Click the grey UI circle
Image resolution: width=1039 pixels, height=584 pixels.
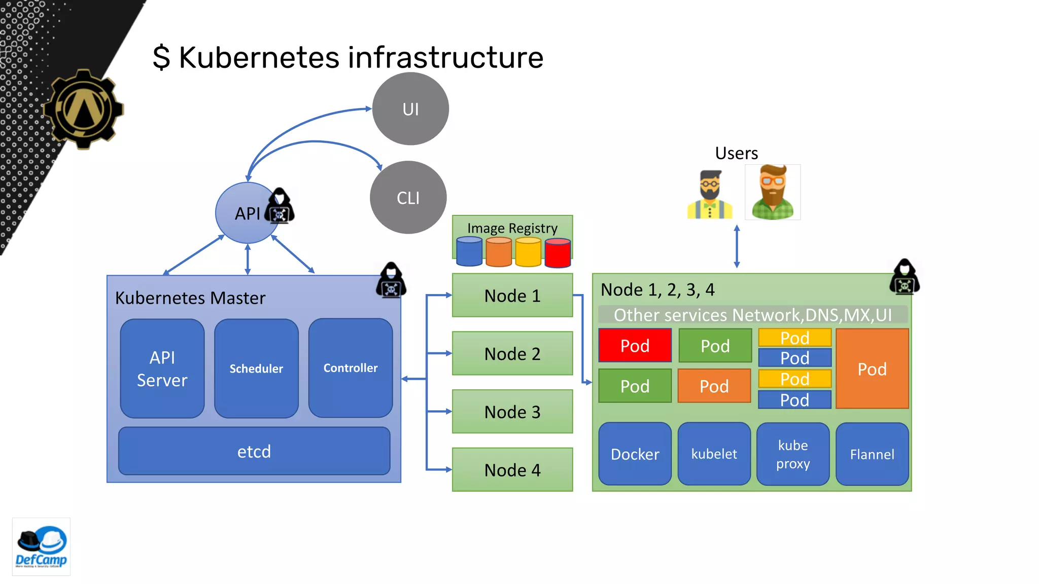[x=410, y=109]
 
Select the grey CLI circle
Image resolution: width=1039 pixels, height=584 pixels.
[x=408, y=198]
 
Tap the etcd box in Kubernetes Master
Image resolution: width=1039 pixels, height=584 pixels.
[x=254, y=451]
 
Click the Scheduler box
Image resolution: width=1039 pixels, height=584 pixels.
[x=256, y=369]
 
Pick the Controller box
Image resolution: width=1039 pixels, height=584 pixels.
[x=351, y=368]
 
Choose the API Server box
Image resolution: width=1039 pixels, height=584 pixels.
[x=162, y=369]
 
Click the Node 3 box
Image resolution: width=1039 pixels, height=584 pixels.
[x=512, y=412]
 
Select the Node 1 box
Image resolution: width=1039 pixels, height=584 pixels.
[x=512, y=296]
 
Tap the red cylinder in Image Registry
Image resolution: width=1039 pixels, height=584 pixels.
[x=558, y=252]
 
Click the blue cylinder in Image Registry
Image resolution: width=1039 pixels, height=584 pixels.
[x=469, y=252]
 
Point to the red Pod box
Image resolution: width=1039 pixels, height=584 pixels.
[x=635, y=346]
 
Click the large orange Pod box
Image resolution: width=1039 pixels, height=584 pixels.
[x=872, y=369]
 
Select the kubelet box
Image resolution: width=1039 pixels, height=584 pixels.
[x=714, y=454]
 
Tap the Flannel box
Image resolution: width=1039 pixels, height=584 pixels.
[x=872, y=454]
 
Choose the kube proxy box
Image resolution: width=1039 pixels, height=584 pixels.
[x=793, y=454]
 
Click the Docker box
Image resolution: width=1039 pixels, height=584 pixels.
[x=635, y=454]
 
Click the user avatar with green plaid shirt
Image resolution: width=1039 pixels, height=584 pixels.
[x=772, y=192]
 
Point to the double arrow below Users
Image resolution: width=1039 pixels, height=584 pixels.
[x=737, y=247]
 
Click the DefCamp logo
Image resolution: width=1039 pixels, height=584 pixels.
[x=41, y=547]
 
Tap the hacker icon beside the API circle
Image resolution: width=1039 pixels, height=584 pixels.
[x=280, y=206]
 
